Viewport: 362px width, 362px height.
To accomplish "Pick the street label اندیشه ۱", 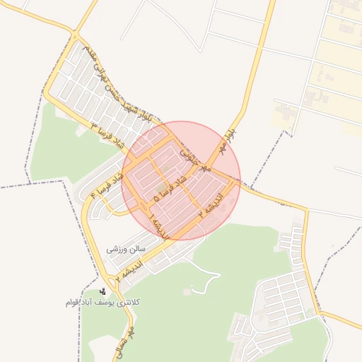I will (158, 224).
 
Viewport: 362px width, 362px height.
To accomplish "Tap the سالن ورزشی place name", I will (126, 249).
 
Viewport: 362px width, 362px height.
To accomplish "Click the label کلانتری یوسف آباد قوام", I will (103, 302).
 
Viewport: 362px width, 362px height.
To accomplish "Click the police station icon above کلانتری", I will (103, 291).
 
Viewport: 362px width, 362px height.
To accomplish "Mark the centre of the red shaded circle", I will (181, 181).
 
